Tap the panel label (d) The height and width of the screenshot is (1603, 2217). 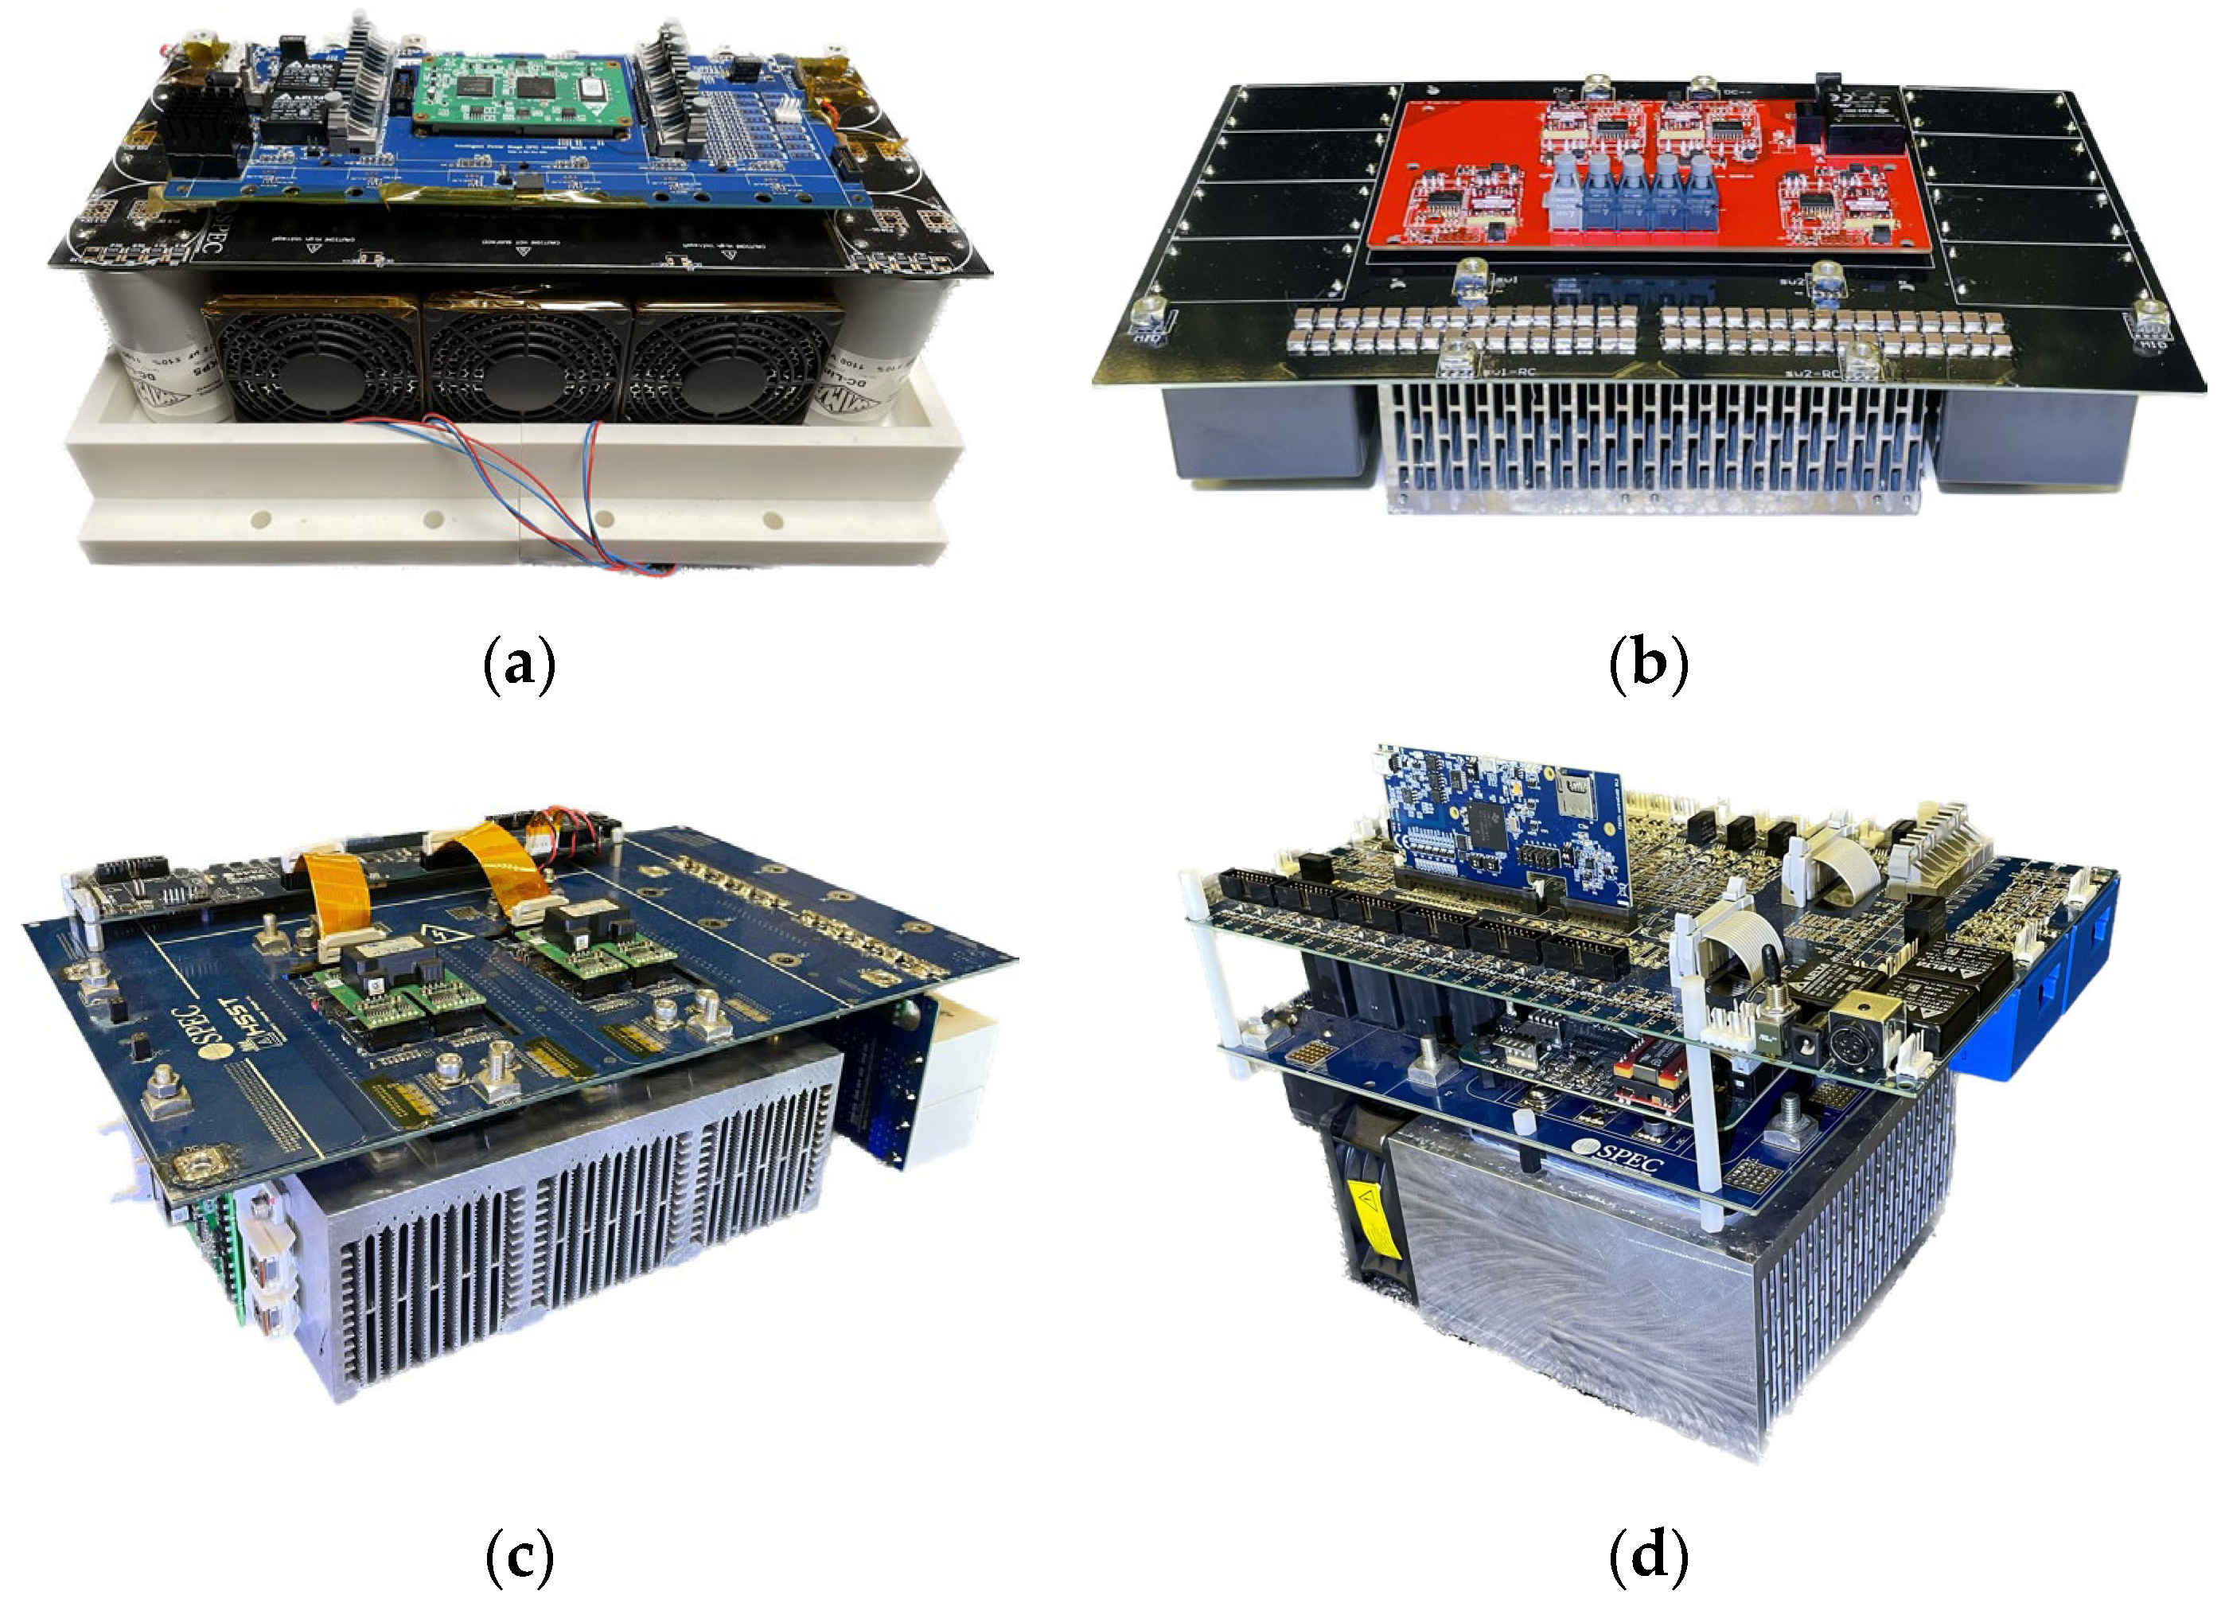click(x=1648, y=1561)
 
